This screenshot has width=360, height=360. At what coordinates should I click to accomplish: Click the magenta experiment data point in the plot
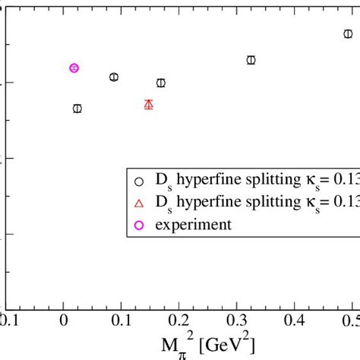74,68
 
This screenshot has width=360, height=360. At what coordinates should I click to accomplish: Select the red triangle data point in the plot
149,104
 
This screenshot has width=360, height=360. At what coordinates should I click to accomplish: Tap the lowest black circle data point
77,109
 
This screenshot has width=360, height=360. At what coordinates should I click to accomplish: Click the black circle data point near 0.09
114,77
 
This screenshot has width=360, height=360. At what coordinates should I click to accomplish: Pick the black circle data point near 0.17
160,83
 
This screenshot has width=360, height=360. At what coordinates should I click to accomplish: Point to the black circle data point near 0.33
251,60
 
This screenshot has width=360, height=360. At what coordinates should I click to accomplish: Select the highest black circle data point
348,33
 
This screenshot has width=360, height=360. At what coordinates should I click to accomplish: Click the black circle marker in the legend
138,181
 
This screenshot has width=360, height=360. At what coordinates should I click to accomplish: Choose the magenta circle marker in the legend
138,224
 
